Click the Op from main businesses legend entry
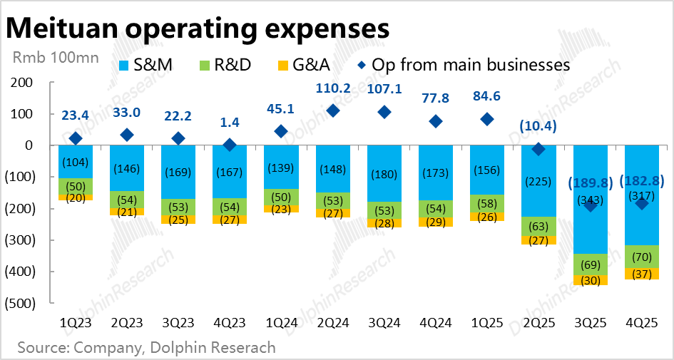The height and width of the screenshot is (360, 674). [x=464, y=65]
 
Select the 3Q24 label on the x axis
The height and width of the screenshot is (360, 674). [x=384, y=324]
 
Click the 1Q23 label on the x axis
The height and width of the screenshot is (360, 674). [x=76, y=324]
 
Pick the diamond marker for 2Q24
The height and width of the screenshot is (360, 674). [x=332, y=110]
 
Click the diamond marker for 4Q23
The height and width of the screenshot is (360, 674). [x=230, y=145]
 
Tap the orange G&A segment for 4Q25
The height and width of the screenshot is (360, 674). [x=640, y=274]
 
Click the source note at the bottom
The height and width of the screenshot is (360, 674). [x=146, y=348]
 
